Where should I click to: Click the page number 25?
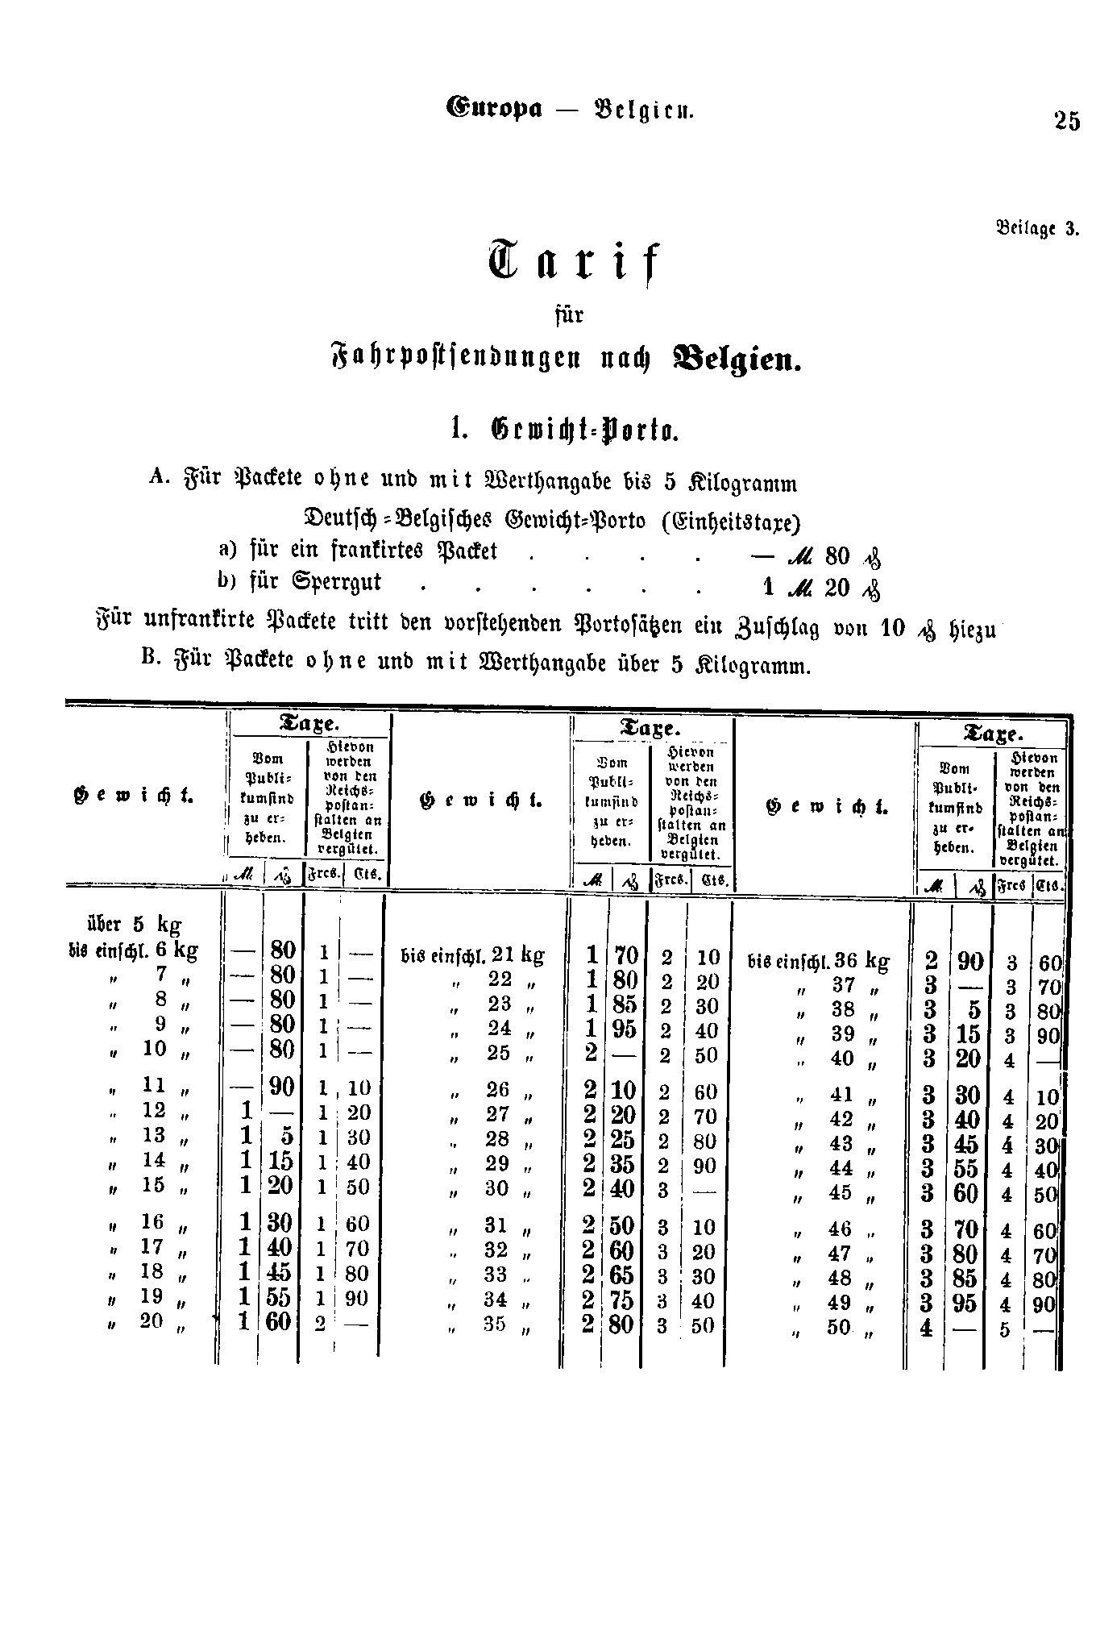(x=1065, y=121)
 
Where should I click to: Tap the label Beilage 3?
(x=1036, y=227)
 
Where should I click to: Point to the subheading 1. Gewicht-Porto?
(x=567, y=430)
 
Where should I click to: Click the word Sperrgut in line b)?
(x=338, y=582)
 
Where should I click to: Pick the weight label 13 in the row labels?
(x=154, y=1134)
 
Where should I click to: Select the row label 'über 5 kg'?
(x=133, y=924)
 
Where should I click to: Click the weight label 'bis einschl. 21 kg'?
(x=472, y=956)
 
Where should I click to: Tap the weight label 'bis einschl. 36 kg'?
(x=820, y=961)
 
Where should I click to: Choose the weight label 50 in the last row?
(x=840, y=1326)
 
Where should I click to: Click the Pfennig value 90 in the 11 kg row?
(x=281, y=1087)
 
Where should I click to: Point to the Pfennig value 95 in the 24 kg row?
(x=625, y=1029)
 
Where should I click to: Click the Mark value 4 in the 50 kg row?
(x=926, y=1327)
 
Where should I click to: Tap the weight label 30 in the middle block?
(x=497, y=1188)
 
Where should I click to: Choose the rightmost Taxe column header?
(x=992, y=734)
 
